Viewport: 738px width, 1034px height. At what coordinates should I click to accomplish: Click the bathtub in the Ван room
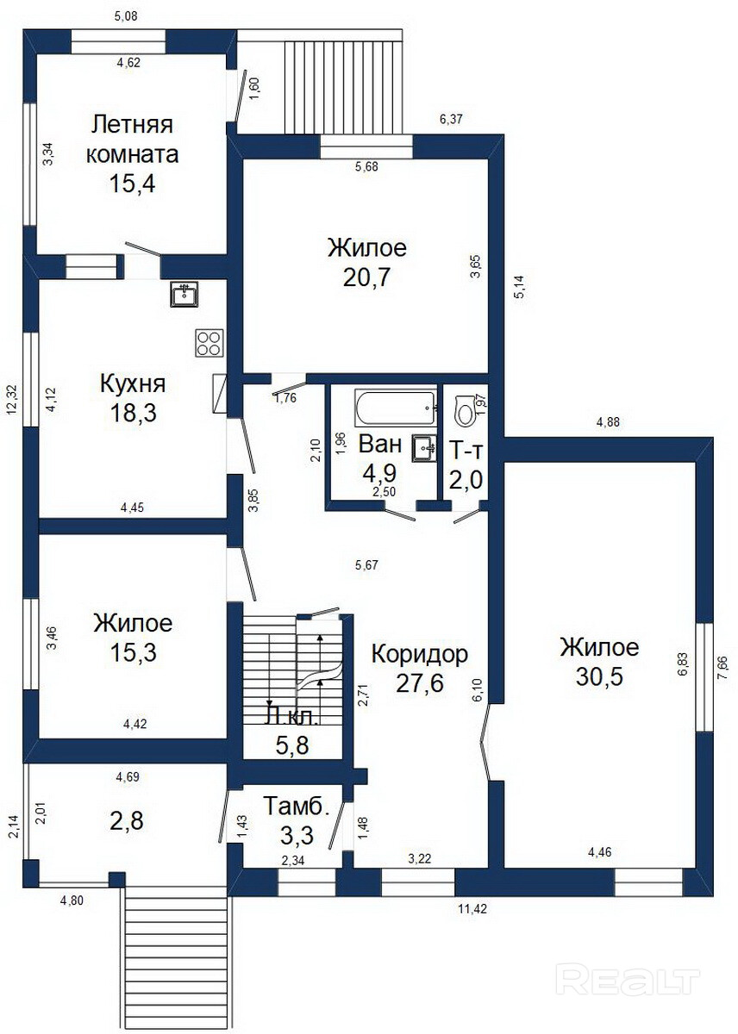tap(396, 408)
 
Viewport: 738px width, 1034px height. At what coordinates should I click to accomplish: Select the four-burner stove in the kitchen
tap(209, 343)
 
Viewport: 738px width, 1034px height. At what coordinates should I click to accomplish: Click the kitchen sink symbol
tap(184, 294)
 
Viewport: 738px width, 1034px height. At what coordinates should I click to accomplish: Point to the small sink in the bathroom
tap(423, 447)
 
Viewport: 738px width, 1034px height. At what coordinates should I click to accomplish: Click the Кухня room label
tap(133, 384)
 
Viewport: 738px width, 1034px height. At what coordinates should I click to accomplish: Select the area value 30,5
tap(599, 676)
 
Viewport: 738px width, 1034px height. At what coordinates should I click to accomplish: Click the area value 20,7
tap(366, 277)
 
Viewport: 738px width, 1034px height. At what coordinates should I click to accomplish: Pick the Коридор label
tap(419, 655)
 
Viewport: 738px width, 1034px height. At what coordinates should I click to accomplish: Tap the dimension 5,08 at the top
tap(126, 16)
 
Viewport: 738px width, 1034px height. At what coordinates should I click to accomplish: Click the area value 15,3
tap(133, 652)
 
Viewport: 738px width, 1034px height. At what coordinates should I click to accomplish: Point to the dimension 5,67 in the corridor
tap(366, 564)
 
